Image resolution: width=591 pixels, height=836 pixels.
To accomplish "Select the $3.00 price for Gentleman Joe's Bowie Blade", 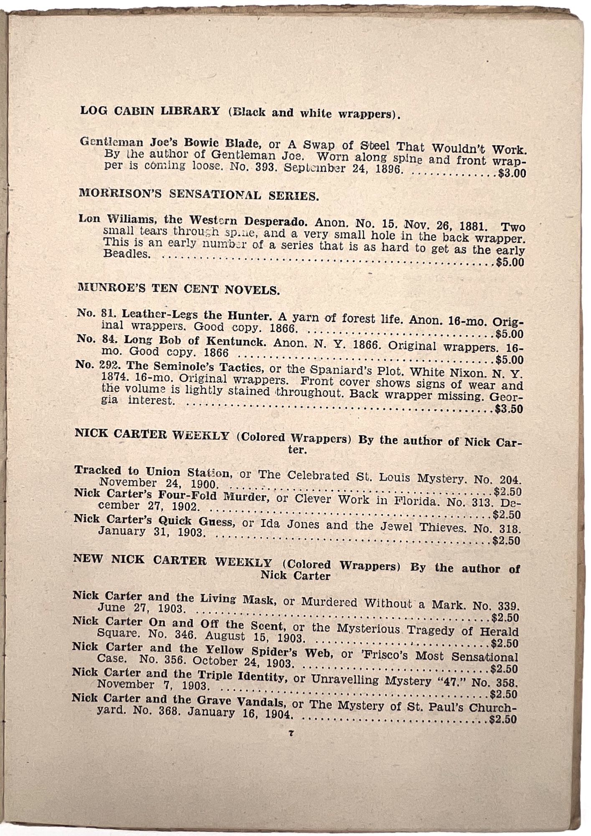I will coord(512,173).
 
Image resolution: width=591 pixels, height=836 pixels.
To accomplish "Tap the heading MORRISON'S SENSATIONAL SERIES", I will coord(199,194).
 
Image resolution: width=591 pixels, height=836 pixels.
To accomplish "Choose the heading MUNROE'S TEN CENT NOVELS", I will coord(179,289).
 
